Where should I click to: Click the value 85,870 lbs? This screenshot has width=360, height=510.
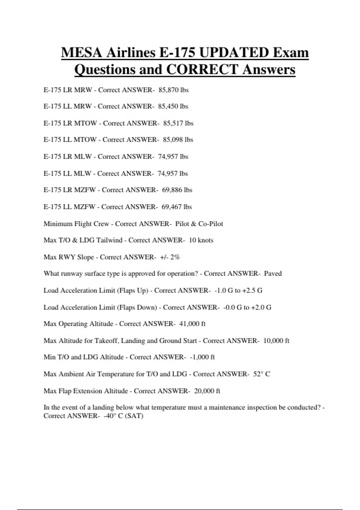point(173,90)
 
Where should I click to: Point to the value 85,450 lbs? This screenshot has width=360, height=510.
point(173,106)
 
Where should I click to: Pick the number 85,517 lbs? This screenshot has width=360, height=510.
point(178,123)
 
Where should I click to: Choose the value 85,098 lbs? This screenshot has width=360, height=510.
point(178,140)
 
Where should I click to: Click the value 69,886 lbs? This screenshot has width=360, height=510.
point(177,190)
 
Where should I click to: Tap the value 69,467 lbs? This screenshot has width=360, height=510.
point(176,207)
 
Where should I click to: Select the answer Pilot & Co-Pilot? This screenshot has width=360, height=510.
point(199,224)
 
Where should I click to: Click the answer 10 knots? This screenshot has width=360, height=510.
point(201,240)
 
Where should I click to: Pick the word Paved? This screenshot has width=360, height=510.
point(273,274)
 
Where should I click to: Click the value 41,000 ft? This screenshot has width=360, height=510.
point(192,324)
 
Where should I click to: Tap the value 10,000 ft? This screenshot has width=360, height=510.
point(276,341)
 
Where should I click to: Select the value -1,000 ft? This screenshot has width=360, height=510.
point(202,357)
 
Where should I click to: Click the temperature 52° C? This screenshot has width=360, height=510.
point(262,374)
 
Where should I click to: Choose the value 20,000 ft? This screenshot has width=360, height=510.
point(207,391)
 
